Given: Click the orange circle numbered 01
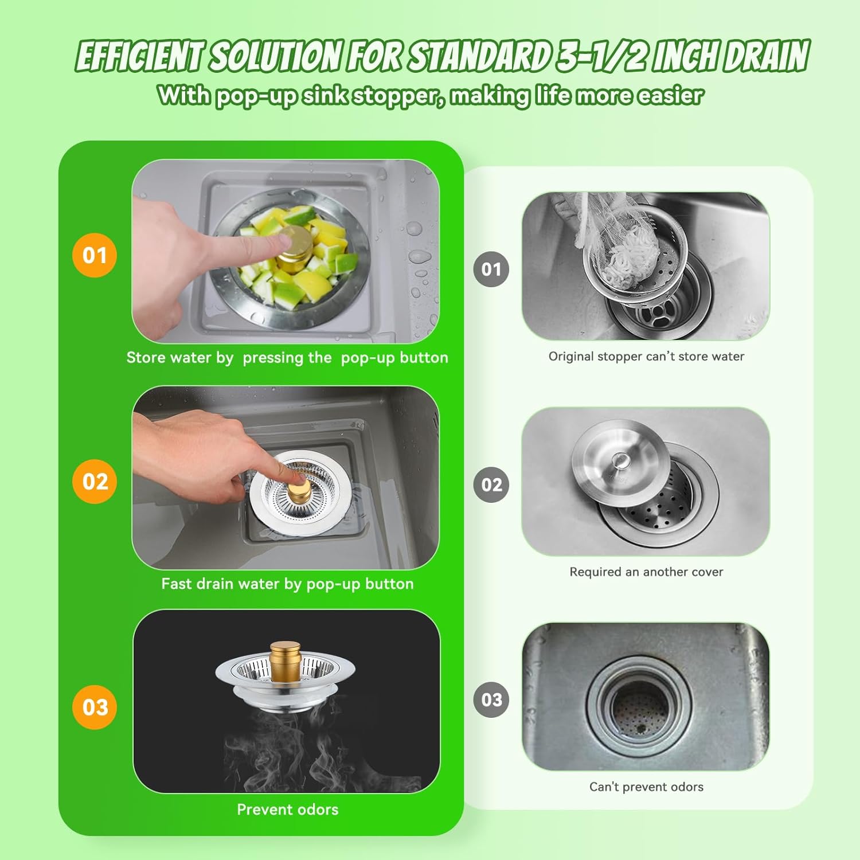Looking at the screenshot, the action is [x=95, y=255].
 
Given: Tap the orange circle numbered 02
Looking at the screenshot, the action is [x=95, y=482].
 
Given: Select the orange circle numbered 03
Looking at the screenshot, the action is [x=95, y=707].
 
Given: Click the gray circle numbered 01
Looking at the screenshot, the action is [x=491, y=269].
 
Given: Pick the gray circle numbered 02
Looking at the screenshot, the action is [x=491, y=484].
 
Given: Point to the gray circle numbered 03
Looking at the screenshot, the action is [x=491, y=699].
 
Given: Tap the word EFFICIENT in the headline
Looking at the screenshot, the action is [x=139, y=57].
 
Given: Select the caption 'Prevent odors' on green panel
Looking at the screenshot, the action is [x=287, y=810].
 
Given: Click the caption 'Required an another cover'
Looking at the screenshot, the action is [x=646, y=572].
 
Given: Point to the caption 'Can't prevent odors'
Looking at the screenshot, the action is [x=646, y=787].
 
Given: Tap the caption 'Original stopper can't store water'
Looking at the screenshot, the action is [x=646, y=357].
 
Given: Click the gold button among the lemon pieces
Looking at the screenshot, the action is [x=294, y=248].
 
